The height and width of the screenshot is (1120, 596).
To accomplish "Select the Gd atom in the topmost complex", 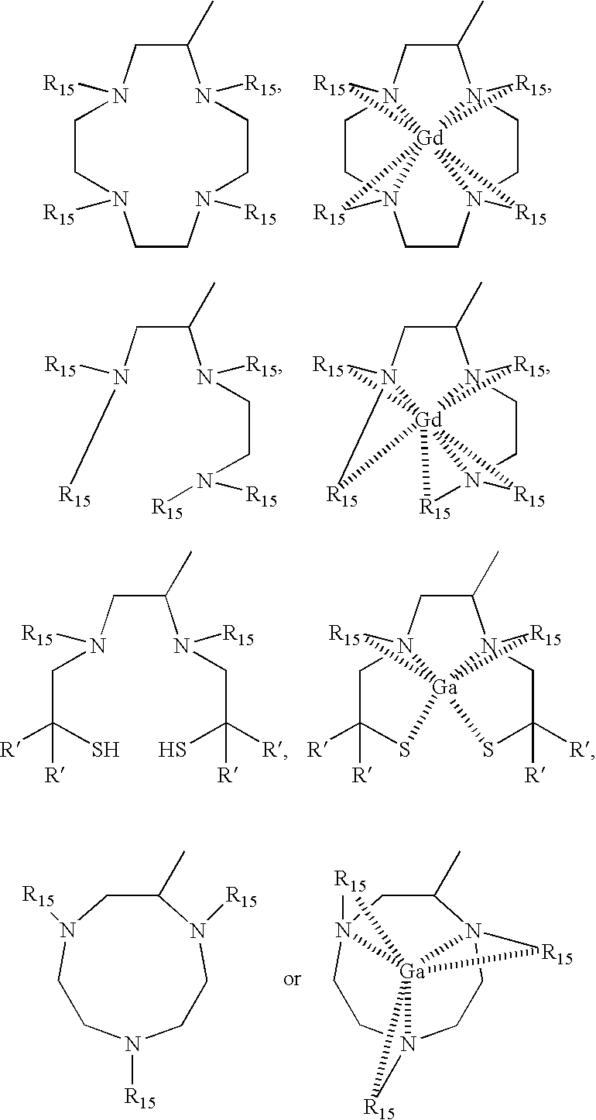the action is coord(430,139).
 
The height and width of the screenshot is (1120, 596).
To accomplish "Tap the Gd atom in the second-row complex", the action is coord(429,421).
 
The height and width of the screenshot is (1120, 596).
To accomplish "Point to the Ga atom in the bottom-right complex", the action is coord(412,971).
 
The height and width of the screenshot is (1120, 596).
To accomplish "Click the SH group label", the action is coord(106,749).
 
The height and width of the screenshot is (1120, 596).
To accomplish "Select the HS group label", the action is coord(173,749).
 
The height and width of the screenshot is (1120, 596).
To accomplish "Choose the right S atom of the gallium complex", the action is coord(488,750).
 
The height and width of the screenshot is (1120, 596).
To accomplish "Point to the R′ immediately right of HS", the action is coord(272,749).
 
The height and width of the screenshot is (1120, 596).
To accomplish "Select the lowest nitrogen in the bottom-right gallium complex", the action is coord(409,1042).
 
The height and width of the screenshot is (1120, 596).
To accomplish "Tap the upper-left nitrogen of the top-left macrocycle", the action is coord(118,95).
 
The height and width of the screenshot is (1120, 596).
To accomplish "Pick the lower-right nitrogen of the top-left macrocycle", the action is coord(203,199).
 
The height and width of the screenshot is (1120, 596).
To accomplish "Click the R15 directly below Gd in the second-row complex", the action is coord(434,508).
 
